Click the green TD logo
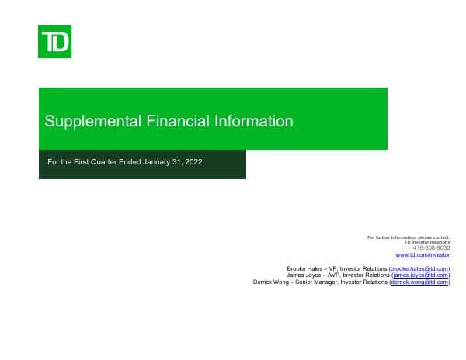[54, 41]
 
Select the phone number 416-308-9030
[435, 247]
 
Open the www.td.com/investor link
[423, 254]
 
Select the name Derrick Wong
[273, 282]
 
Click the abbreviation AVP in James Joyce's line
[335, 275]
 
